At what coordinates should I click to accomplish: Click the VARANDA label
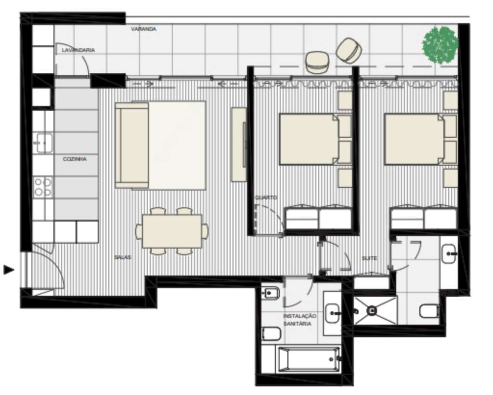[x=143, y=29]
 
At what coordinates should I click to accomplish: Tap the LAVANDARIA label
[x=78, y=50]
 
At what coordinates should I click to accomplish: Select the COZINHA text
[x=75, y=159]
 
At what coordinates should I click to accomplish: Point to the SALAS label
[x=122, y=257]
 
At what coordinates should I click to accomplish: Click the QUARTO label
[x=266, y=197]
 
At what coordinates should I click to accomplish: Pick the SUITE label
[x=369, y=258]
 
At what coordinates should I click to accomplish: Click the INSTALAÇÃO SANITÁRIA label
[x=299, y=320]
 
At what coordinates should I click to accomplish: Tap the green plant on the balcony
[x=440, y=45]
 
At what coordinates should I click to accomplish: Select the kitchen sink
[x=43, y=143]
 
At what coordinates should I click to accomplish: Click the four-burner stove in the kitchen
[x=43, y=187]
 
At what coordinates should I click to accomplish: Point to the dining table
[x=172, y=231]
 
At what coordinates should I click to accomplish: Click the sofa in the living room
[x=132, y=145]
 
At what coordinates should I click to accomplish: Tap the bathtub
[x=308, y=359]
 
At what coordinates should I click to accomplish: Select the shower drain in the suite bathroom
[x=372, y=311]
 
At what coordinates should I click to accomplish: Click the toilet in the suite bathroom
[x=428, y=311]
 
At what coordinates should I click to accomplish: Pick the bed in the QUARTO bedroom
[x=308, y=139]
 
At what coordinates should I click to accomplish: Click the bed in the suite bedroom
[x=413, y=139]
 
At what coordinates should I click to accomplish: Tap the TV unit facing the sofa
[x=239, y=145]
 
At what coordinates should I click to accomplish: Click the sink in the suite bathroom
[x=450, y=252]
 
